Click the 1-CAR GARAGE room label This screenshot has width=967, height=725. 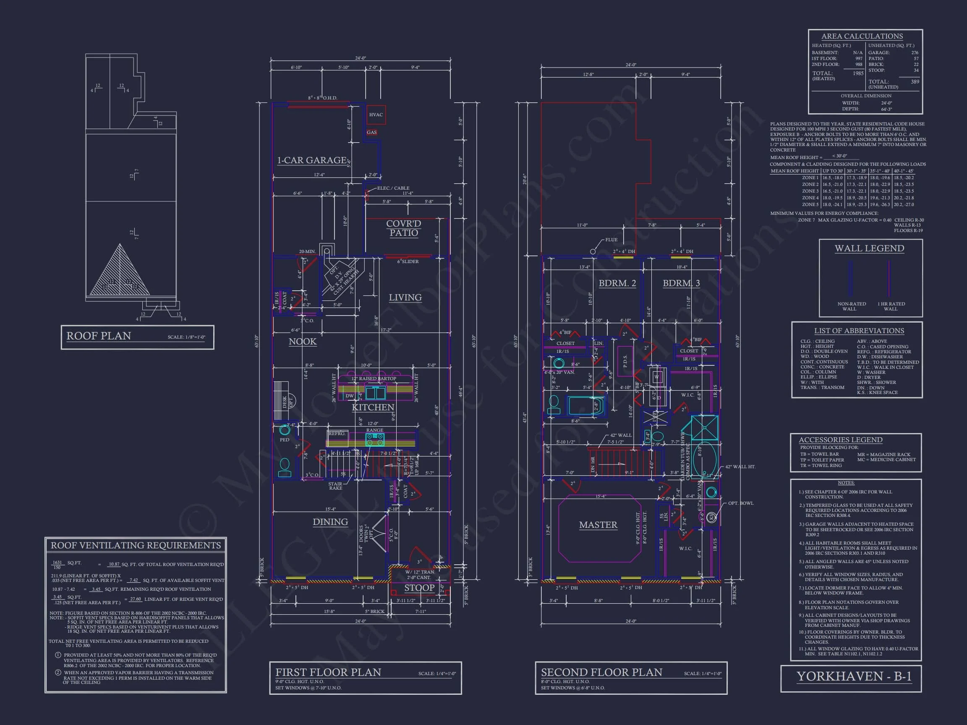[x=312, y=160]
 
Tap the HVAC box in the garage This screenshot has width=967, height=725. [x=376, y=115]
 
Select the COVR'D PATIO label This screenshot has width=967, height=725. [x=403, y=228]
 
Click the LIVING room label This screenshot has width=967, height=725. [x=405, y=297]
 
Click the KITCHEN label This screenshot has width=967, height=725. [x=373, y=407]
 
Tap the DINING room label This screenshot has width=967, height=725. [x=330, y=522]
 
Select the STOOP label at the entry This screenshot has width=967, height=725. [x=419, y=588]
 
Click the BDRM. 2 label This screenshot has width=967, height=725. [x=617, y=283]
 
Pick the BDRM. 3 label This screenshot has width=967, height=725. [x=681, y=283]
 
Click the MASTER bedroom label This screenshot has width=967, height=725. [x=598, y=525]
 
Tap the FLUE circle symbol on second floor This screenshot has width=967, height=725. [x=593, y=251]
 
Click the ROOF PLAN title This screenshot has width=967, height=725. [x=99, y=336]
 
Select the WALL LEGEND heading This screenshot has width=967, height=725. [x=869, y=248]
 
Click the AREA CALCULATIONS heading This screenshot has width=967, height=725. [x=862, y=36]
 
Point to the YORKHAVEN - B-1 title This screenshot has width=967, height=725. [x=854, y=676]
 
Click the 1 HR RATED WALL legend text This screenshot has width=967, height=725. [x=891, y=306]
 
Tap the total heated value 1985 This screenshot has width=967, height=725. [x=858, y=73]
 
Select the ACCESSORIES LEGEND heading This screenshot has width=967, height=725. [x=840, y=440]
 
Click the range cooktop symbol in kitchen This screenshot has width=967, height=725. [x=375, y=439]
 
